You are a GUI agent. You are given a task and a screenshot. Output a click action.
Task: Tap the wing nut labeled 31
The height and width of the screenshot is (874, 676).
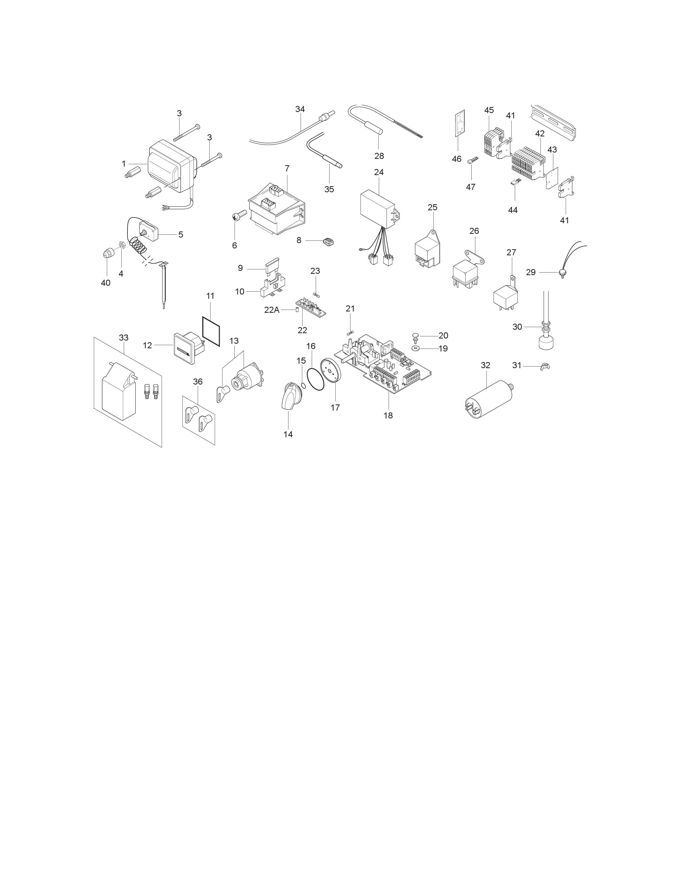545,366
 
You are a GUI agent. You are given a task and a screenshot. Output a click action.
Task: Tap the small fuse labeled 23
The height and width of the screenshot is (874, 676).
316,295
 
